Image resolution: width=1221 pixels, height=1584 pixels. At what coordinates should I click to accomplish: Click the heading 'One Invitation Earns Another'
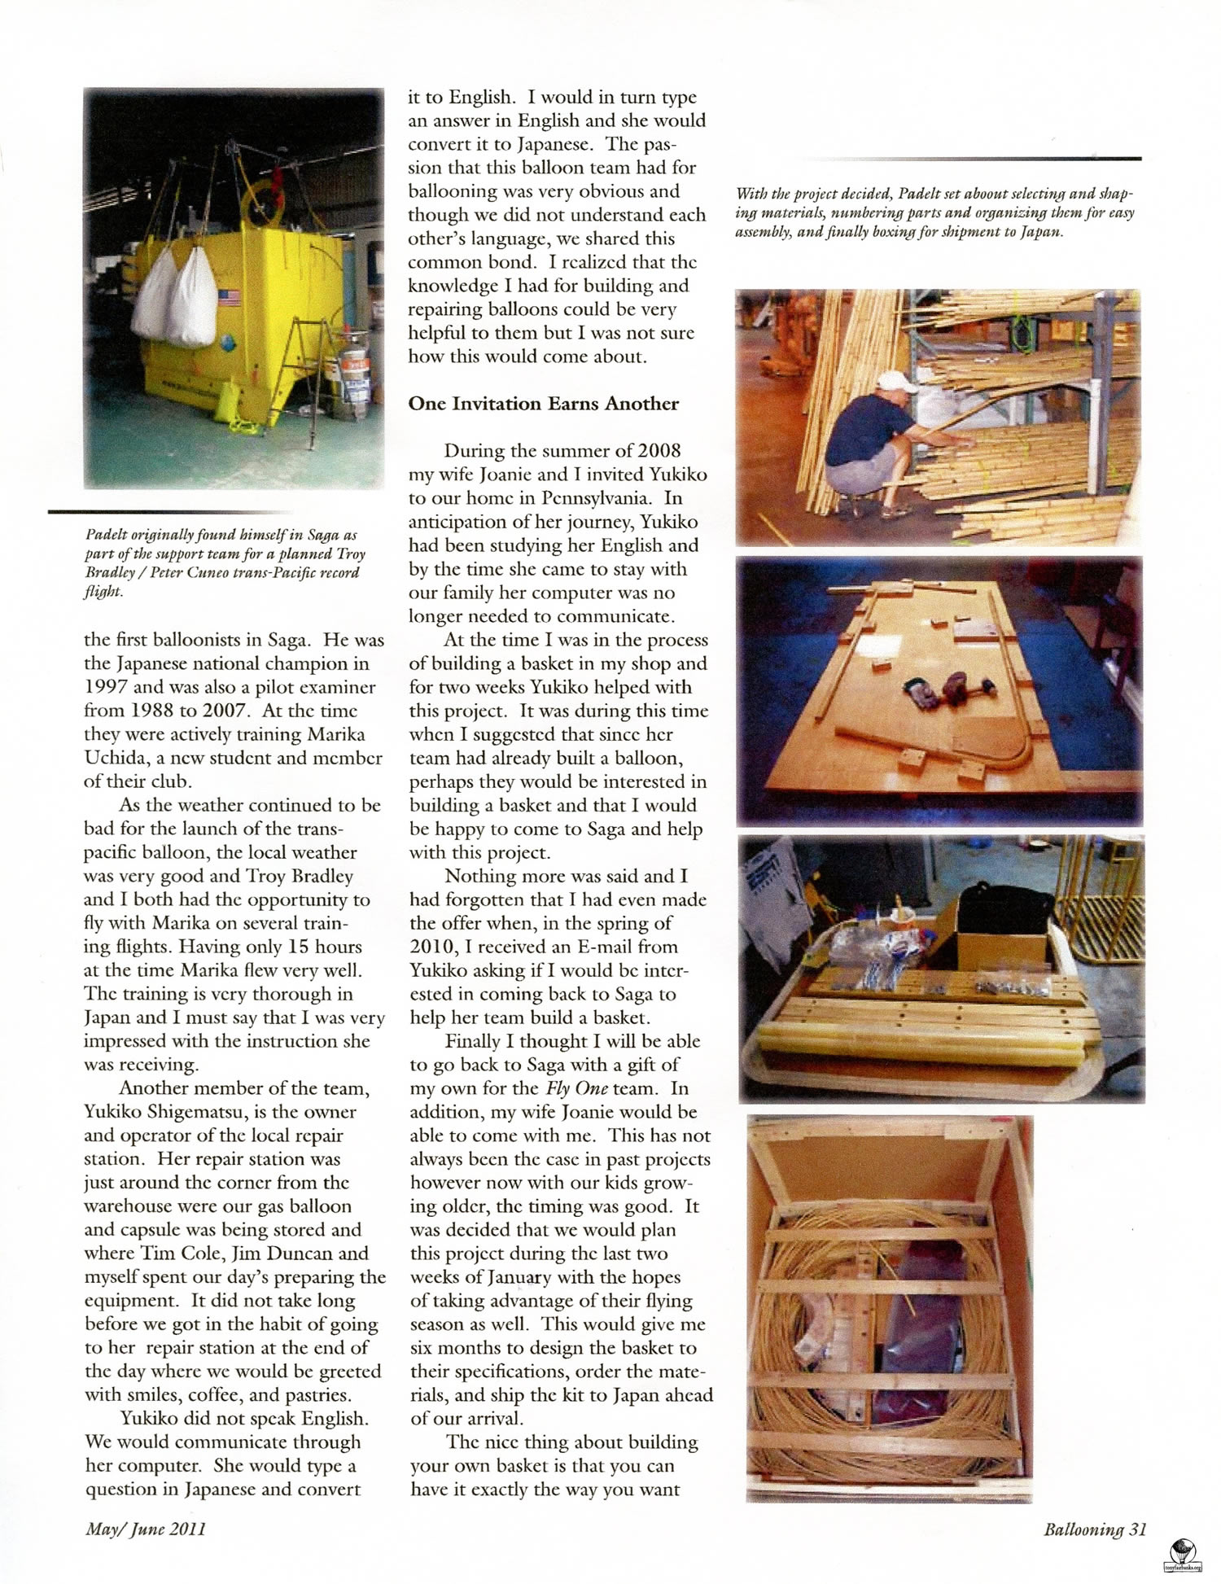click(x=543, y=404)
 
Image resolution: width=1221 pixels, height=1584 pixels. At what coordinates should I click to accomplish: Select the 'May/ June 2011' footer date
click(x=145, y=1529)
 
